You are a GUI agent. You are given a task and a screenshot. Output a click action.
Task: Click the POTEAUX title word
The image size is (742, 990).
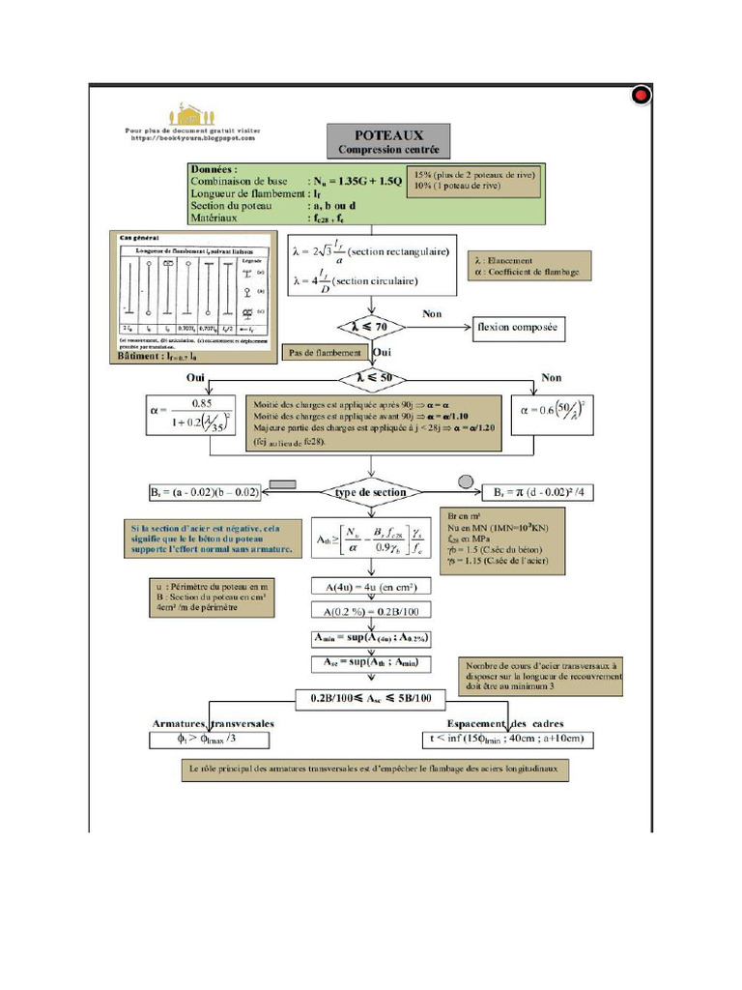(x=387, y=135)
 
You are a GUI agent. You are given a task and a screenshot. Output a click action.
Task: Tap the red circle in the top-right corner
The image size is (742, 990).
(x=640, y=95)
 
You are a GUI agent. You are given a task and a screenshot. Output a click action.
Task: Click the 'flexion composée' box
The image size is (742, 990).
(x=517, y=330)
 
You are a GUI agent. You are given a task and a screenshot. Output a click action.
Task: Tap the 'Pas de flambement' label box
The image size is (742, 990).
(x=324, y=354)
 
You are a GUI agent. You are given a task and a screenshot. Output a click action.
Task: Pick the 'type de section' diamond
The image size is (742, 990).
(x=370, y=492)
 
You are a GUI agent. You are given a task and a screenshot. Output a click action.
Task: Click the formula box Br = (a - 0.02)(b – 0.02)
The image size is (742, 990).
(x=206, y=493)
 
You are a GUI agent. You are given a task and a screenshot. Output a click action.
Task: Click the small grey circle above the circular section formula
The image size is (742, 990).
(x=465, y=480)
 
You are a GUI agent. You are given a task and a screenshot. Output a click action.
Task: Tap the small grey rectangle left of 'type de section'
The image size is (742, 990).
(x=284, y=482)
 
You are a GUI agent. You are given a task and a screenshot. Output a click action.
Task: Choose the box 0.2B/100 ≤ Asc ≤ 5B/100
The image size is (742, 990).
(x=370, y=697)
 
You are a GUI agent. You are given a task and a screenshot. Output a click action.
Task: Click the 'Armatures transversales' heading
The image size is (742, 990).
(x=213, y=723)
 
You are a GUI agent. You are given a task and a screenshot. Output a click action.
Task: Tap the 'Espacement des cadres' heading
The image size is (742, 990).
(x=505, y=723)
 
